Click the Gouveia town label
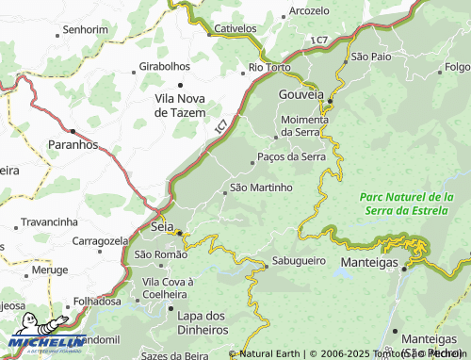point(300,95)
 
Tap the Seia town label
point(162,227)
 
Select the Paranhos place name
point(73,145)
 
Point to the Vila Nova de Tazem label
point(187,104)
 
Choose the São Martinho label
point(262,188)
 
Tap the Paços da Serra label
point(290,156)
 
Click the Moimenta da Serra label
point(306,125)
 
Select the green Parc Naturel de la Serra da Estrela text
point(406,202)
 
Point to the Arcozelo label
point(311,10)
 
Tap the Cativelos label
point(235,28)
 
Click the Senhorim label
point(86,29)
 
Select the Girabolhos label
point(165,68)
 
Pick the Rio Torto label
point(269,68)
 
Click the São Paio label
point(371,57)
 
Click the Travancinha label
point(49,221)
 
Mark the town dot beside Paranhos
point(72,131)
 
